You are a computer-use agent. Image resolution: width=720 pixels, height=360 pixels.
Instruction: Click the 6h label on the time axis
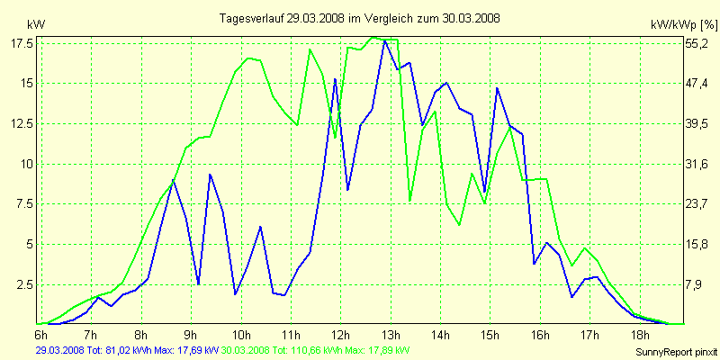pos(40,334)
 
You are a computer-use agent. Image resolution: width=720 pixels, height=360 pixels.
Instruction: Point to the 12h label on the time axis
pos(340,334)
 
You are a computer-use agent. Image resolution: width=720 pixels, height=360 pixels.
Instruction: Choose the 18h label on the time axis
pos(639,334)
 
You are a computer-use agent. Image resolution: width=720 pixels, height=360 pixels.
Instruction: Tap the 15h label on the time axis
pos(490,334)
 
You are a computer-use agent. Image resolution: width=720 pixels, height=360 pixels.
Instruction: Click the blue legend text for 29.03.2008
pos(126,349)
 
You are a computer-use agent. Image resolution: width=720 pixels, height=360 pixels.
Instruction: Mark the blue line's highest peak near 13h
pos(385,40)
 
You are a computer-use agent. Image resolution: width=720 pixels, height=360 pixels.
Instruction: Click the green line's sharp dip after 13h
pos(409,201)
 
